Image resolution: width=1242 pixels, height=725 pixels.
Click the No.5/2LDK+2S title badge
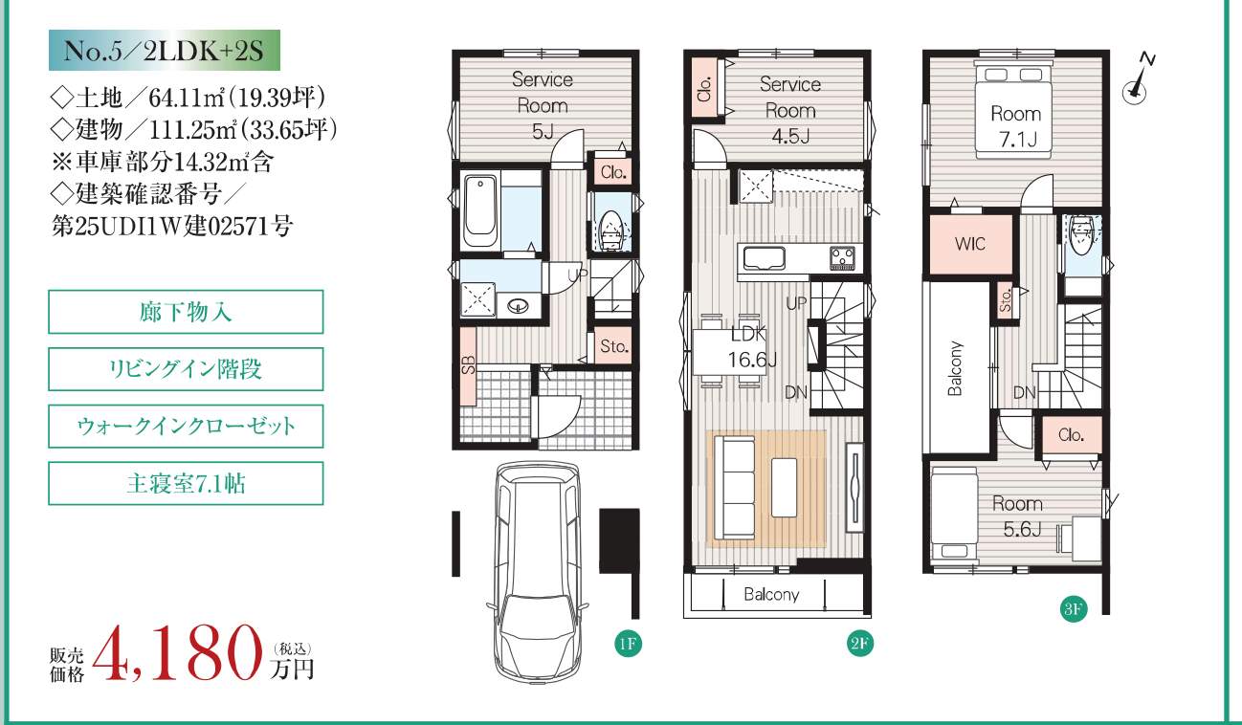point(165,51)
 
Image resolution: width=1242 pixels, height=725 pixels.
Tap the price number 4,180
point(177,654)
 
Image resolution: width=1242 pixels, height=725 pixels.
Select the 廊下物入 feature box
point(186,312)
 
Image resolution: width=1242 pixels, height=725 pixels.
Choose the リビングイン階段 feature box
point(186,369)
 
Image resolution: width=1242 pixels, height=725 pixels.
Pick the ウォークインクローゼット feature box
point(186,427)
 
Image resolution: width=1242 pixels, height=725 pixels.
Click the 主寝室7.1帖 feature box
point(186,483)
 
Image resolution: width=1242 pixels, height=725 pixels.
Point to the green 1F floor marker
point(628,644)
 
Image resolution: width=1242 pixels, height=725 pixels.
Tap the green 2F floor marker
point(859,644)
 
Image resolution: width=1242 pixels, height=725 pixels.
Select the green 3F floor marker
point(1073,609)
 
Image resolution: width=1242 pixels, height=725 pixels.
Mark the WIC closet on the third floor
point(970,244)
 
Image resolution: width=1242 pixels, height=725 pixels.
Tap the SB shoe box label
point(468,364)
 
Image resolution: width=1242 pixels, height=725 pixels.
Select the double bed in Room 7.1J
point(1012,111)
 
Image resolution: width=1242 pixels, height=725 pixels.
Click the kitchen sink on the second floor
point(765,257)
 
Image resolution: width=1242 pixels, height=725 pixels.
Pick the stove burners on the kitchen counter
point(842,257)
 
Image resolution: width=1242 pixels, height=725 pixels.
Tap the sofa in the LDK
point(735,487)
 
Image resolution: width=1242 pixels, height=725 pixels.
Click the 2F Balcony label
point(771,595)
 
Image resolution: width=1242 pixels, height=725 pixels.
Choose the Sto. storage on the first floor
point(613,347)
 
